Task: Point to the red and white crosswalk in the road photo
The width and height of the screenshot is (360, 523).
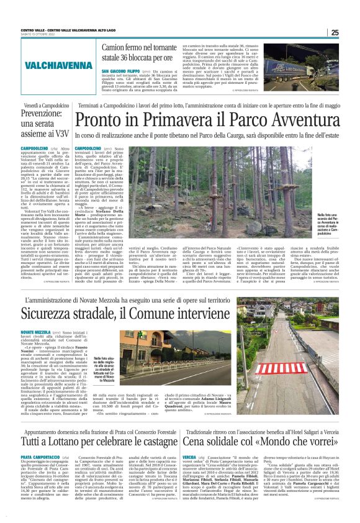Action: click(x=277, y=368)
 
